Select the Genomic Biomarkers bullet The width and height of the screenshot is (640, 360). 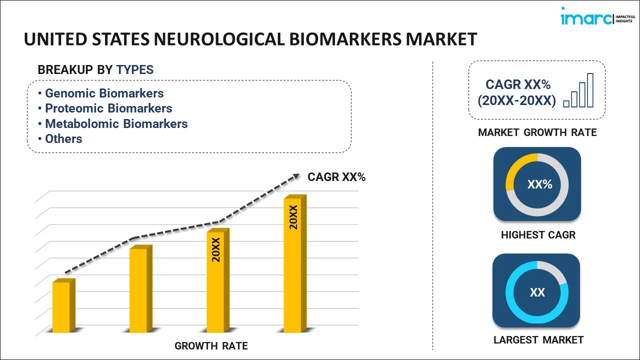point(101,93)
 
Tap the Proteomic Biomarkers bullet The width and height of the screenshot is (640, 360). point(105,108)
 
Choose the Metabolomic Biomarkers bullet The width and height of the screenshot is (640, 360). point(113,123)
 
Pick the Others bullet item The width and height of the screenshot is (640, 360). point(60,139)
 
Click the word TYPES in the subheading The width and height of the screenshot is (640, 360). point(135,69)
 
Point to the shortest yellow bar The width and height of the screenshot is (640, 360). point(63,305)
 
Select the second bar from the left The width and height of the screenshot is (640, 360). point(140,288)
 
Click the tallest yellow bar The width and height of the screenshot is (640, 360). point(295,263)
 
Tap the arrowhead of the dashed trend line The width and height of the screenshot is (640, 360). point(296,176)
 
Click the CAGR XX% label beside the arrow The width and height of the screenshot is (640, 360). point(336,177)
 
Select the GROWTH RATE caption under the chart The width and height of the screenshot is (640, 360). point(211,346)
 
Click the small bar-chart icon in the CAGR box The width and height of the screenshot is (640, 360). point(578,90)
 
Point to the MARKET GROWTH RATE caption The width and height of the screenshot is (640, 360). point(537,132)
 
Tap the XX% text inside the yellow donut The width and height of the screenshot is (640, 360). point(539,184)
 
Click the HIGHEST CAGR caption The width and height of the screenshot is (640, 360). point(538,235)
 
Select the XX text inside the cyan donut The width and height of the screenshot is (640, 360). point(537,292)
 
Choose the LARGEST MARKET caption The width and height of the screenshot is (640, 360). point(538,340)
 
